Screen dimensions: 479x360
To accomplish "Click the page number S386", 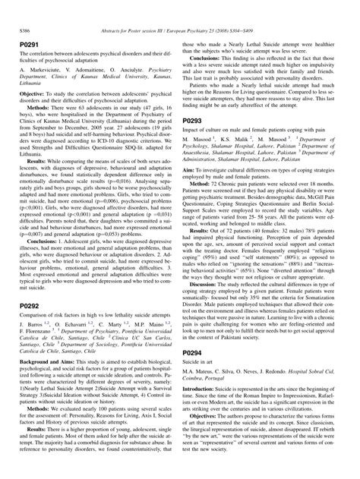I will tap(22, 8).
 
